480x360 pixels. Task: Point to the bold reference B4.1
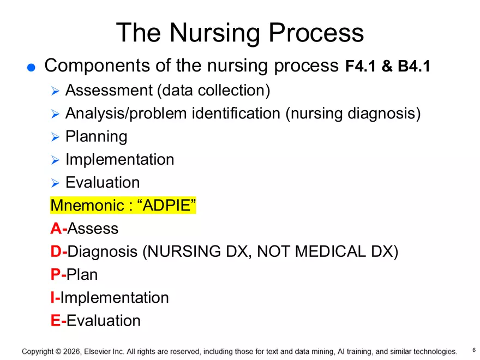coord(414,67)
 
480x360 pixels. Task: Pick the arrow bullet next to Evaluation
coord(55,183)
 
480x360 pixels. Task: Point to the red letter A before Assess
coord(56,229)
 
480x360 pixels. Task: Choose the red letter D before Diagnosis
coord(56,251)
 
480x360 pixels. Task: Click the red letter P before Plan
coord(55,274)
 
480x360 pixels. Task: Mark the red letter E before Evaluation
coord(55,321)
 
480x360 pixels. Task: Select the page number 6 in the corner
coord(473,350)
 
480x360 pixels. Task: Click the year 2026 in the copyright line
coord(70,352)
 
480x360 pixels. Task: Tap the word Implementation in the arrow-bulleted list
coord(119,159)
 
